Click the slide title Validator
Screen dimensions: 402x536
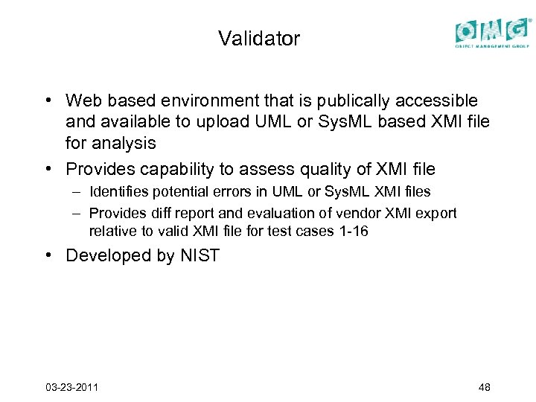(x=259, y=39)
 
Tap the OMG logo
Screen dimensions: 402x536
(x=494, y=32)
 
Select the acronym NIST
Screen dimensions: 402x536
(x=200, y=256)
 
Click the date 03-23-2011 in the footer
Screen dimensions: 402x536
(x=72, y=387)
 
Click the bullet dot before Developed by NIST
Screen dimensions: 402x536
(x=47, y=256)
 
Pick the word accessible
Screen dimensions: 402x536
(x=435, y=100)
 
